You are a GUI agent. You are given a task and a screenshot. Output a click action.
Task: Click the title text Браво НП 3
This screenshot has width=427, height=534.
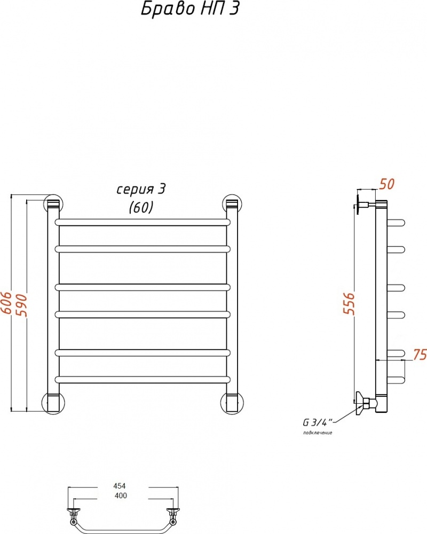point(190,9)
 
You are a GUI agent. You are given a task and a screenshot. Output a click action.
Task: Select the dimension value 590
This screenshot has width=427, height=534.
point(21,305)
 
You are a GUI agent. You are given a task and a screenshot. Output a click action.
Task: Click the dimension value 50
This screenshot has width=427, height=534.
point(387,184)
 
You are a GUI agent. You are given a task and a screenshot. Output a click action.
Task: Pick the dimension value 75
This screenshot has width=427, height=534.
point(420,355)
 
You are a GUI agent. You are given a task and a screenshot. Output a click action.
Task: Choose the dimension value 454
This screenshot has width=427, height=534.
point(120,486)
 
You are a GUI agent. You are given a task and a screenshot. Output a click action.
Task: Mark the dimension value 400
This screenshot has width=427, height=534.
point(121,496)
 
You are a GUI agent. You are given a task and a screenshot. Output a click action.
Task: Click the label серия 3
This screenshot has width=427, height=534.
point(141,190)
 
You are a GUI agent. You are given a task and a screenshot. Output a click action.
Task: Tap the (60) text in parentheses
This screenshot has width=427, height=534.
point(141,207)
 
